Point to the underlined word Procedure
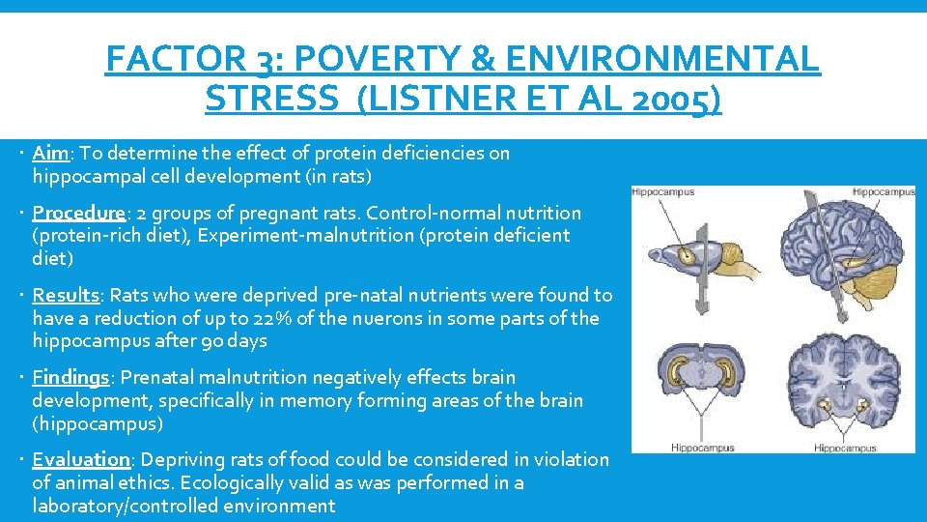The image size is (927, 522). pos(78,213)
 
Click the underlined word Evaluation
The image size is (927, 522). pos(81,459)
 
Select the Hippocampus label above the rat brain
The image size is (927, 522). pos(663,192)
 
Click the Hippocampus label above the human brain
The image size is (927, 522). pos(883,192)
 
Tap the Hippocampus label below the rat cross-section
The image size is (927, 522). pos(702,448)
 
